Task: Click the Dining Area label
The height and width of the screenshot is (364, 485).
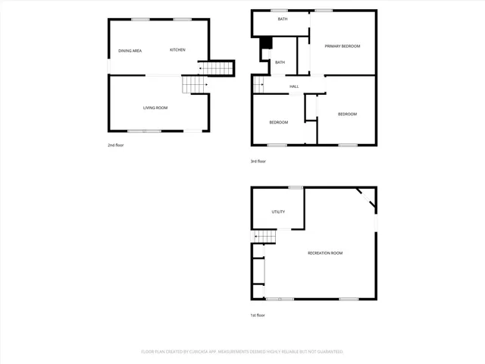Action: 130,51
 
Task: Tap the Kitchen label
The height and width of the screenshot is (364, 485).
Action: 177,50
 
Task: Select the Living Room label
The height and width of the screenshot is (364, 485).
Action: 155,108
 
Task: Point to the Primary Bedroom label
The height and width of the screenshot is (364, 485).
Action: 342,46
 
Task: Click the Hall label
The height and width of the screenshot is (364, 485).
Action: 294,86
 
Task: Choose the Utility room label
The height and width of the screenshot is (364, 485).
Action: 278,212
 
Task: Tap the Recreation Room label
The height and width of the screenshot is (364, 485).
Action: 325,253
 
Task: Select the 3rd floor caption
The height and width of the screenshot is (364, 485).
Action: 258,161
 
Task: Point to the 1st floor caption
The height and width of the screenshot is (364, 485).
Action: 258,315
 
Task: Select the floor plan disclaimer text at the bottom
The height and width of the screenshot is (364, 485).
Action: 242,352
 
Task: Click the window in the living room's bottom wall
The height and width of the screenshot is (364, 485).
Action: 149,131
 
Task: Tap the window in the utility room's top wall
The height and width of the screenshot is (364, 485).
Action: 296,187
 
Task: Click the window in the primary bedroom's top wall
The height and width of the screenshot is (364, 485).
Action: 324,10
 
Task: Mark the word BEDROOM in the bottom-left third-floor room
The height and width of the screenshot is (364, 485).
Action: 278,122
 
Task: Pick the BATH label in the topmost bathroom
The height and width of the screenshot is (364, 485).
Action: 283,19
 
